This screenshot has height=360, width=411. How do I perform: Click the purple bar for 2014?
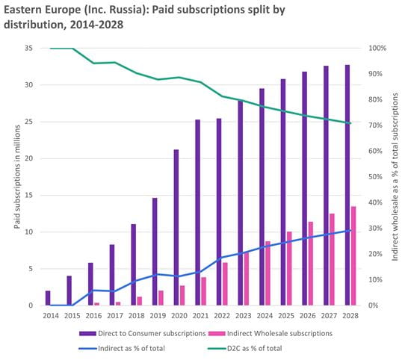point(48,298)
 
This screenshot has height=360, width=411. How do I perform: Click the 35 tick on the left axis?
point(28,49)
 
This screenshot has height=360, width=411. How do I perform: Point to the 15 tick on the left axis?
point(28,196)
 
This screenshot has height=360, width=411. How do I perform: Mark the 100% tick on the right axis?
point(380,49)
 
